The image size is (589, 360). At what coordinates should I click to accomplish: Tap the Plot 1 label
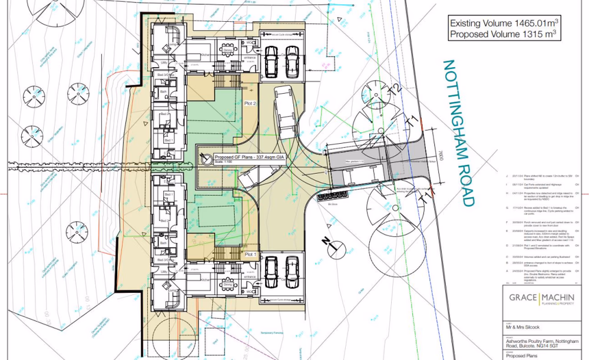[252, 254]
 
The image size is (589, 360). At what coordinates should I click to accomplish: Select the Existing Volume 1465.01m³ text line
[504, 24]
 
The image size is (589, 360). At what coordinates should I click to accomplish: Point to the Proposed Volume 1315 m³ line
[504, 35]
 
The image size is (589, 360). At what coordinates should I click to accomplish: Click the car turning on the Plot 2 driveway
[286, 109]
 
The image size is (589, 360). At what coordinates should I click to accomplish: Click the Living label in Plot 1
[173, 290]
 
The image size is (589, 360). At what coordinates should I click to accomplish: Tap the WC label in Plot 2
[250, 43]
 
